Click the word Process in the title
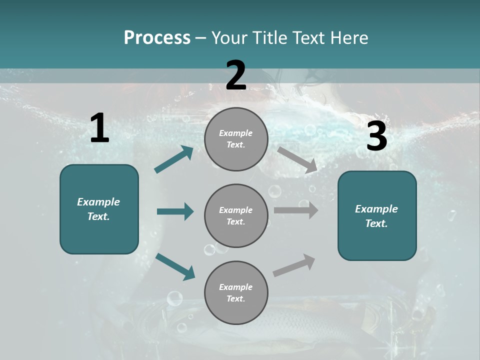(157, 37)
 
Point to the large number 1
(99, 128)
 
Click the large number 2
(236, 75)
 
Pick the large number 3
(376, 136)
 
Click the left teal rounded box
(99, 209)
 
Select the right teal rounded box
(377, 215)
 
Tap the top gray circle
(236, 139)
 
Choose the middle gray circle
(236, 215)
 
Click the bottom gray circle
(236, 292)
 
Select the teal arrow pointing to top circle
(174, 159)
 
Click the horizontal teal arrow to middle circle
(175, 211)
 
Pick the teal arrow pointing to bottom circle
(175, 266)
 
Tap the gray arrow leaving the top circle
(297, 159)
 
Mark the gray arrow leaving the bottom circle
(294, 265)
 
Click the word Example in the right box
(376, 209)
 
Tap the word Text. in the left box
(98, 216)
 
